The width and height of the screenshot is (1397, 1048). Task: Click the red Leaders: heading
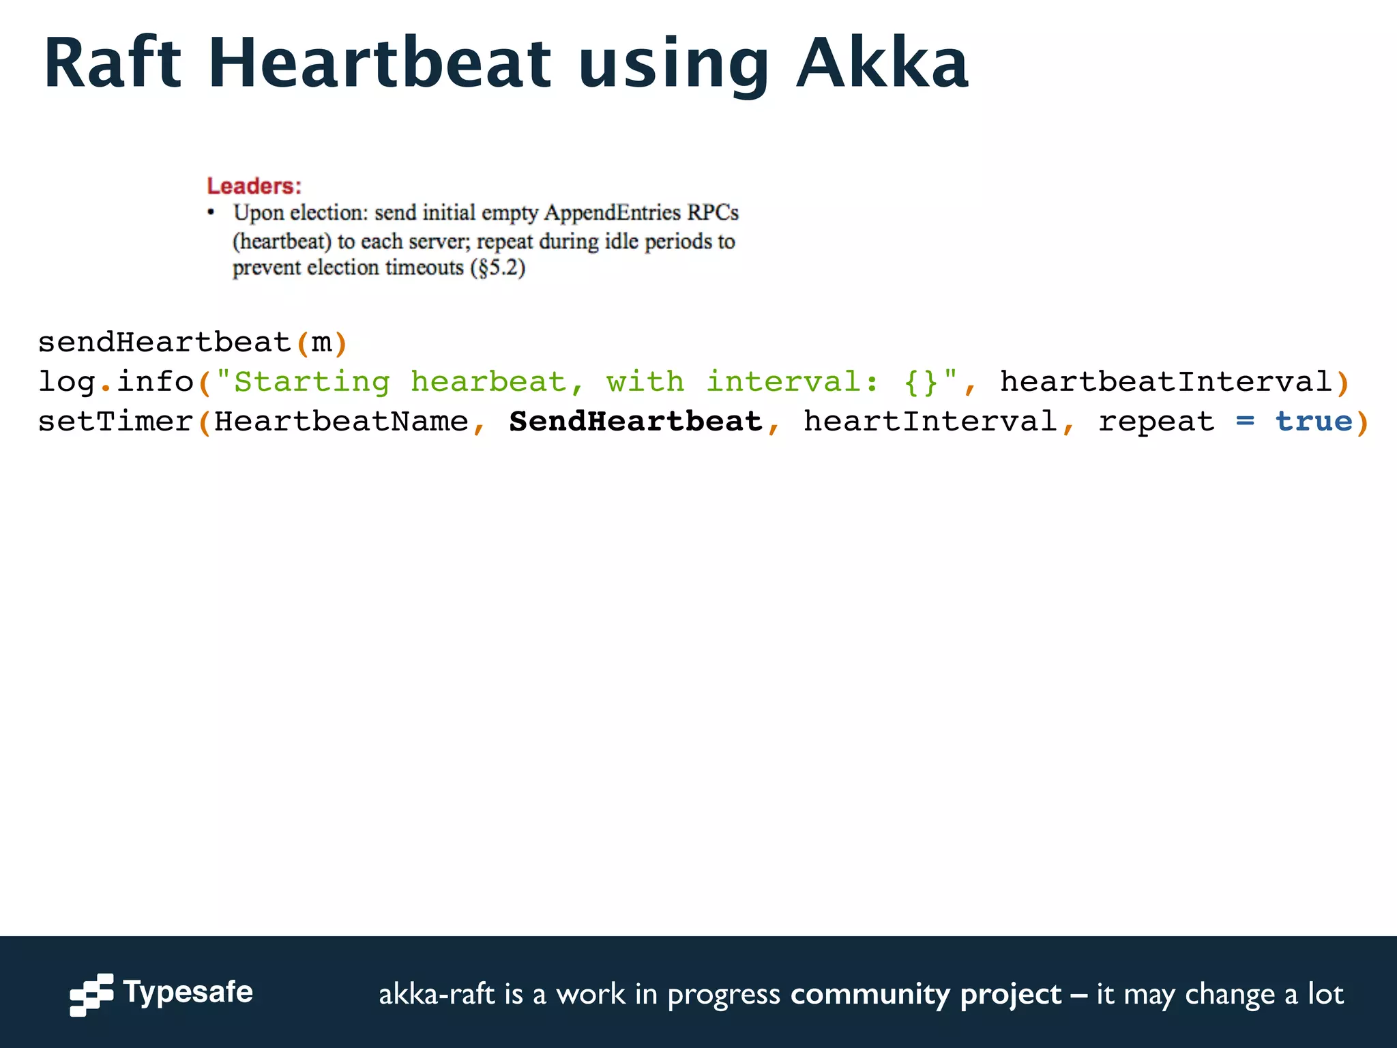pyautogui.click(x=254, y=186)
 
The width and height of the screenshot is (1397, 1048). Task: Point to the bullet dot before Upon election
pyautogui.click(x=211, y=213)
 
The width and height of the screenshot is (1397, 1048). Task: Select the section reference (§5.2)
pyautogui.click(x=497, y=267)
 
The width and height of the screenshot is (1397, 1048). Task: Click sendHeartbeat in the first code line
pyautogui.click(x=164, y=342)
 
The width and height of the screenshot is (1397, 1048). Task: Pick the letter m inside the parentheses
pyautogui.click(x=321, y=342)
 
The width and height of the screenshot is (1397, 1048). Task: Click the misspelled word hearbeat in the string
pyautogui.click(x=488, y=381)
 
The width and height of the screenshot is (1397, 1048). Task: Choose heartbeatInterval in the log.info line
pyautogui.click(x=1166, y=381)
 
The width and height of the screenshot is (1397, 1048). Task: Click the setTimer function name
pyautogui.click(x=115, y=421)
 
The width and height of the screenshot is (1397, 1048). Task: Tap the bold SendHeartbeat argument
pyautogui.click(x=636, y=421)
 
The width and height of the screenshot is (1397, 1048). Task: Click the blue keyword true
pyautogui.click(x=1314, y=421)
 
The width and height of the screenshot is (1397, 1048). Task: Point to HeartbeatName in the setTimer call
pyautogui.click(x=341, y=421)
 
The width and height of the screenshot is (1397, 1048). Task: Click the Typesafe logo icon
pyautogui.click(x=91, y=994)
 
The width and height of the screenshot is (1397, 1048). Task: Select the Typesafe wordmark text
pyautogui.click(x=188, y=992)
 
